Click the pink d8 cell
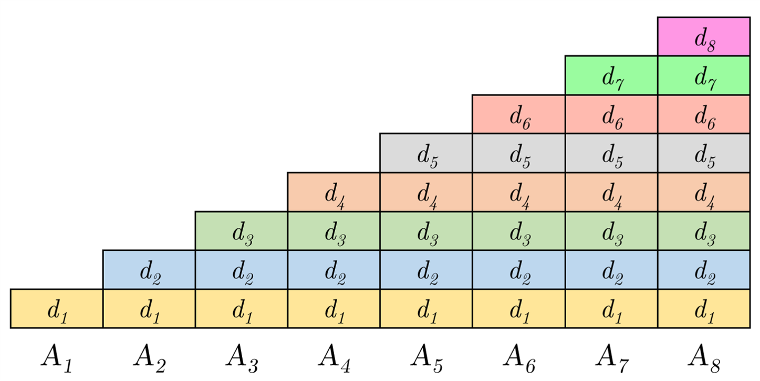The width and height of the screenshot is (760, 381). tap(704, 37)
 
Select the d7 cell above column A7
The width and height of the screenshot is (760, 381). tap(611, 75)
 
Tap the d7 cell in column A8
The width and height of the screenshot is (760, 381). tap(704, 75)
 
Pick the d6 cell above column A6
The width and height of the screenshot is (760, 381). tap(519, 114)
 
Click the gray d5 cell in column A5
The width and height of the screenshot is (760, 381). tap(426, 153)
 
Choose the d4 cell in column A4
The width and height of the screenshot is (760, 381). tap(334, 192)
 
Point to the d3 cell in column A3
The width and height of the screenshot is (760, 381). tap(242, 231)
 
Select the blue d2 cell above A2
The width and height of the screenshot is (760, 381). tap(149, 270)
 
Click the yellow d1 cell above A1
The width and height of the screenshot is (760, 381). tap(57, 309)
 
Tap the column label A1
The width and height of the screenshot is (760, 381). tap(57, 358)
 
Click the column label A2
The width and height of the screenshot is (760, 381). tap(149, 358)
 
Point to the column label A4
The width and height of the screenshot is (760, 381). tap(334, 358)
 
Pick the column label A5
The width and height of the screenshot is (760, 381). tap(426, 358)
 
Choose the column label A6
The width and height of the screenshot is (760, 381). tap(519, 358)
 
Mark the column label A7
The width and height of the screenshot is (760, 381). tap(612, 358)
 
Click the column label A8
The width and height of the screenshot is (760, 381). tap(704, 358)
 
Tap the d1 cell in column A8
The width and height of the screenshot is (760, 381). tap(704, 309)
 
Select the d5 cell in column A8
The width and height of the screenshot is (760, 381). tap(704, 153)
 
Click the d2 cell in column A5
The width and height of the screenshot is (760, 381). tap(426, 270)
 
